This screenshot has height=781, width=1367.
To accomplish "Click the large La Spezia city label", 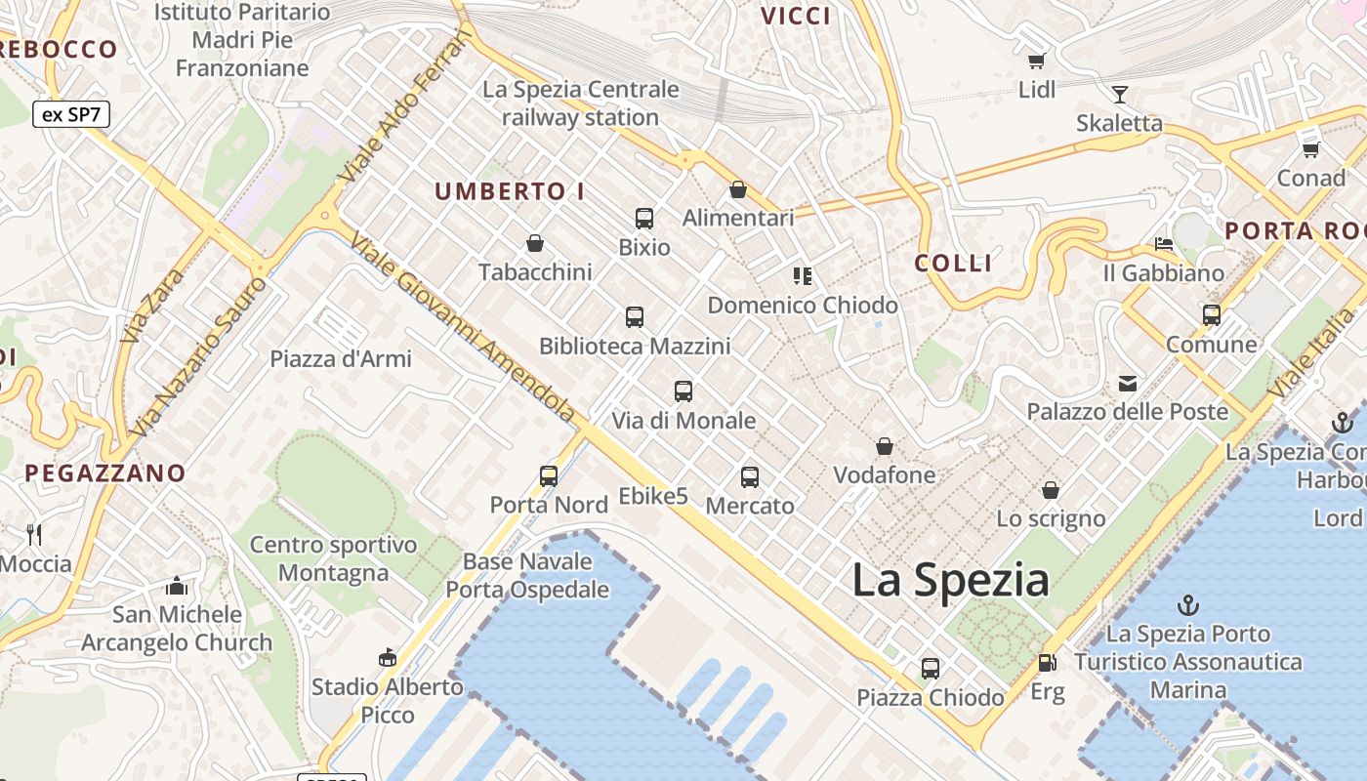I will (950, 580).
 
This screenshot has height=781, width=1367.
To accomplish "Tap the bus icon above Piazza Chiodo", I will (931, 669).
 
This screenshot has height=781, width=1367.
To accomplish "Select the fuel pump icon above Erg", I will (1047, 663).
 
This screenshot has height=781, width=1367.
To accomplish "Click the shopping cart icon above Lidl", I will (1037, 61).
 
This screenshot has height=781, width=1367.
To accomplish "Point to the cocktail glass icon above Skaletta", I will (1120, 94).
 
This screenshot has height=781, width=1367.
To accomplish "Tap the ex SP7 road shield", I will (71, 114).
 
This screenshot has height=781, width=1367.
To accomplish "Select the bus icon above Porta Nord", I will (549, 476).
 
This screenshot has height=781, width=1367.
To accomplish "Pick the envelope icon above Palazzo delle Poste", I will (1128, 383).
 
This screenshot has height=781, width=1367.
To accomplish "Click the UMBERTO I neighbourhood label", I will (510, 191).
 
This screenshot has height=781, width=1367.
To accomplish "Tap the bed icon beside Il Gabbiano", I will (1163, 244).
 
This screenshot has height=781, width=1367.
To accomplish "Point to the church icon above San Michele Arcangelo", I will (177, 586).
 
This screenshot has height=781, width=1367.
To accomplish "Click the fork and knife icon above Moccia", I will (34, 534).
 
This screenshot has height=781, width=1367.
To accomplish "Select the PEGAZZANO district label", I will (104, 473).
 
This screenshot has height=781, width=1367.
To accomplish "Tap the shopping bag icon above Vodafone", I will (885, 446).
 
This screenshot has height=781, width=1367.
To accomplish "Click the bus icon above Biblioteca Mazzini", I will (635, 316).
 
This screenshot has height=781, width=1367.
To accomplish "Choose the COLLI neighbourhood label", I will (953, 263).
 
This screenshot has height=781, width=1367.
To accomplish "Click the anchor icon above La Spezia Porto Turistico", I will (1188, 604).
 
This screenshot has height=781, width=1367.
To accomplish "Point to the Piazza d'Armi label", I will (341, 358).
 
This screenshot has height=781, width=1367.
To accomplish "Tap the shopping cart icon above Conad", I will (1310, 149).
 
